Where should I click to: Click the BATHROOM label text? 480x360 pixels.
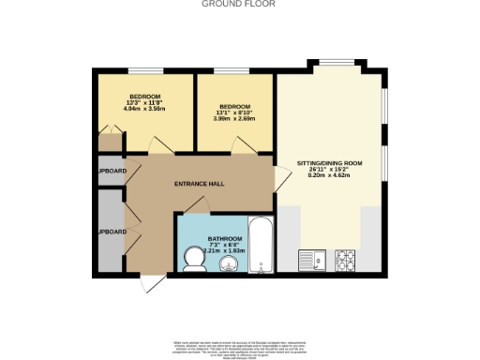pos(225,239)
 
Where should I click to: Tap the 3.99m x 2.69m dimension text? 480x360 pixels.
pos(234,119)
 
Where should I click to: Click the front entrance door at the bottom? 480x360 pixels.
pos(147,281)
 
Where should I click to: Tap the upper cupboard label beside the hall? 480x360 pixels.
pos(112,172)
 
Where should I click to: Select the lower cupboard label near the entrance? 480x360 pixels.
pos(112,231)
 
